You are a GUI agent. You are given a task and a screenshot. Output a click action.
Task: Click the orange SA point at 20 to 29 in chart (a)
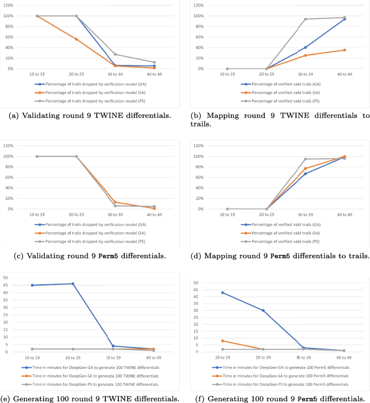click(76, 39)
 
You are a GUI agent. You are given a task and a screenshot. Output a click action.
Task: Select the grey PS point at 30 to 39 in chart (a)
click(115, 54)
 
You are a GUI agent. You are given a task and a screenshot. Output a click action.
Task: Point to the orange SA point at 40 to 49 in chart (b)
click(344, 50)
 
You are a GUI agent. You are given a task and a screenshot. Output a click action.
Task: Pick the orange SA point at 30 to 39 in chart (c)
click(115, 202)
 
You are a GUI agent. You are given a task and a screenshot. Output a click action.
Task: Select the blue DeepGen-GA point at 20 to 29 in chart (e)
click(73, 284)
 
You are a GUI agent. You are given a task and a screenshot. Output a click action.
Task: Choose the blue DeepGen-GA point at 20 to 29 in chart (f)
click(263, 311)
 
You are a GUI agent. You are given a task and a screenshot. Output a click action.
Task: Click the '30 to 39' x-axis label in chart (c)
click(115, 214)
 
